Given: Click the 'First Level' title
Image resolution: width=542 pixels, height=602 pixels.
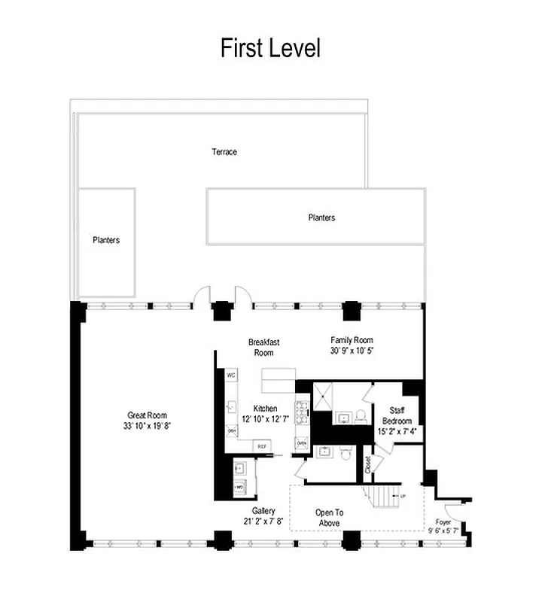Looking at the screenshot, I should click(270, 48).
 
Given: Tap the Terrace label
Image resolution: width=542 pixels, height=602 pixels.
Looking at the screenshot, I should click(224, 152).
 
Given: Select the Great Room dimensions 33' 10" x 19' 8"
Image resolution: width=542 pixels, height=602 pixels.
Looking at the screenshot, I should click(147, 426).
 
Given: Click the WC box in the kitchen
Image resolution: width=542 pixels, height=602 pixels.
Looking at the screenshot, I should click(231, 375).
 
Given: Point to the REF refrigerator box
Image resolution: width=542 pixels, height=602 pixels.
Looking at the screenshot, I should click(262, 446).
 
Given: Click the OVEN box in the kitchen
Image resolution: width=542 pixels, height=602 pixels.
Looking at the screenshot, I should click(301, 444).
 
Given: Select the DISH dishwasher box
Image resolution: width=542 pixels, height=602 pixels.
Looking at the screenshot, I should click(231, 431).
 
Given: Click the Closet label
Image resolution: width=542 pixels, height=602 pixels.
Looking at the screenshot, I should click(368, 464).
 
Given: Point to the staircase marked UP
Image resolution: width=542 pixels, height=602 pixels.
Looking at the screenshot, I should click(385, 497).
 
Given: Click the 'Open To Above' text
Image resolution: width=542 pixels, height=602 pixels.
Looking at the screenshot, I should click(329, 518).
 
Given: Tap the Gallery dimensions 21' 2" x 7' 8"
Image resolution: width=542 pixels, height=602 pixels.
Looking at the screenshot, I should click(263, 521).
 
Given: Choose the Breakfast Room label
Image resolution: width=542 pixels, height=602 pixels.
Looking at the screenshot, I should click(263, 347).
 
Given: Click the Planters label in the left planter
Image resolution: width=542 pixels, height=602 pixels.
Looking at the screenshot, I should click(106, 241).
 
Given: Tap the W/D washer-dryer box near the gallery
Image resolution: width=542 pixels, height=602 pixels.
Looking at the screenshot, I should click(239, 488).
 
